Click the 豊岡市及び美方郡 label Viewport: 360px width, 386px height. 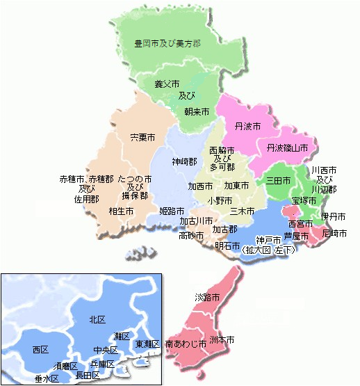[x=168, y=43]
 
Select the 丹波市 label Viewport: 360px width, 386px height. [x=248, y=127]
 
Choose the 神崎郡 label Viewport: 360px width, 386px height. [x=184, y=161]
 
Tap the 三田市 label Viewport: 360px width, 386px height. [x=279, y=179]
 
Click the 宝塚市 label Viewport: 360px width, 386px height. [x=304, y=200]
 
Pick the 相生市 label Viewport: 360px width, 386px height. [x=122, y=211]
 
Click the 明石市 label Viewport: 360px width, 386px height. [x=228, y=246]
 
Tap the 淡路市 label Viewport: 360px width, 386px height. [x=208, y=297]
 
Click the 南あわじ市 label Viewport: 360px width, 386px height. [x=186, y=344]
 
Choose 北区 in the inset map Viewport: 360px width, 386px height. [x=97, y=319]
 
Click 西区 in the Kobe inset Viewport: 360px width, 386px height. [x=40, y=349]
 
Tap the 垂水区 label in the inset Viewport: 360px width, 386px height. [x=47, y=379]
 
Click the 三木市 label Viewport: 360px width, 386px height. [x=243, y=211]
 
